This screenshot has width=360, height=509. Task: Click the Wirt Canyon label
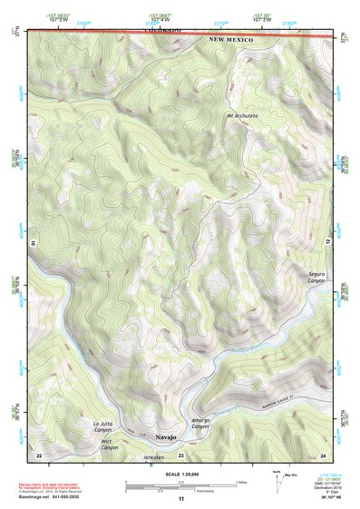tap(109, 445)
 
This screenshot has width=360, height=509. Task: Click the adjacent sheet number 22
tap(39, 454)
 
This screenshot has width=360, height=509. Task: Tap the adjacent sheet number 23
tap(180, 455)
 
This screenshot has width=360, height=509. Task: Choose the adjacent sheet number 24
tap(323, 454)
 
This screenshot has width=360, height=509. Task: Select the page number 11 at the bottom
tap(180, 499)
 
